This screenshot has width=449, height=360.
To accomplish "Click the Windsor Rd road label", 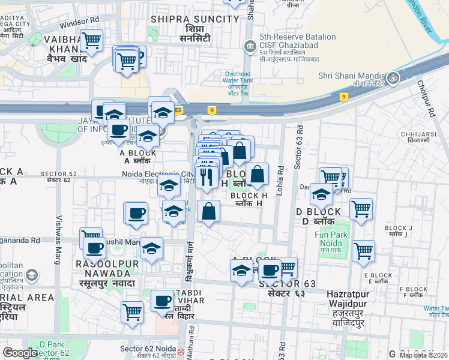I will click(79, 21).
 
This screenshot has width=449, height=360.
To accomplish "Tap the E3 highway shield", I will click(178, 110).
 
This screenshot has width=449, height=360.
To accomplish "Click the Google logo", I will click(20, 353).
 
